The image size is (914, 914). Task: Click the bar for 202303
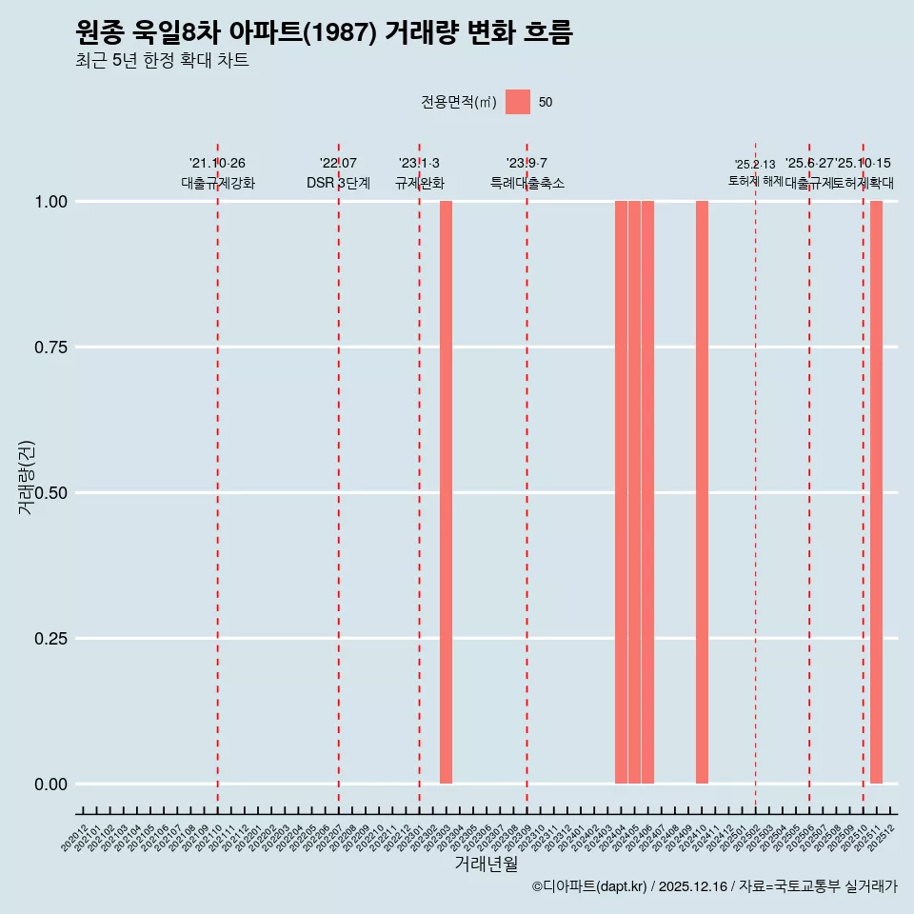446,492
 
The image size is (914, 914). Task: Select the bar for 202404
621,492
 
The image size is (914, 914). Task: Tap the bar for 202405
634,492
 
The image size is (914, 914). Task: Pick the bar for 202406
647,492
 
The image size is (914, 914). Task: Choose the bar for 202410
702,492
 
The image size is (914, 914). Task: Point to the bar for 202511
876,492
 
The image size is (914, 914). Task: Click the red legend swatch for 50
518,102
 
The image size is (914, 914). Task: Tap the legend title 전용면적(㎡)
458,103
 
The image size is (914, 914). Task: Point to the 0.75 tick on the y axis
50,348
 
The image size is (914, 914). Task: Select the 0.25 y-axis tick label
50,639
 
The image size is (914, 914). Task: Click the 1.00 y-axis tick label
50,202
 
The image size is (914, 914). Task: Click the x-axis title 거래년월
486,864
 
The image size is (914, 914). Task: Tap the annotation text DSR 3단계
338,183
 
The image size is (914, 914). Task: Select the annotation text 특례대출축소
527,183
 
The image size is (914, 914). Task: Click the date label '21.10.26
217,164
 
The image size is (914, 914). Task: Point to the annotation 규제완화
419,183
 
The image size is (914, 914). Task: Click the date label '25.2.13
755,165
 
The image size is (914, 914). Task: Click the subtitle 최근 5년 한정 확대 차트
162,61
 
